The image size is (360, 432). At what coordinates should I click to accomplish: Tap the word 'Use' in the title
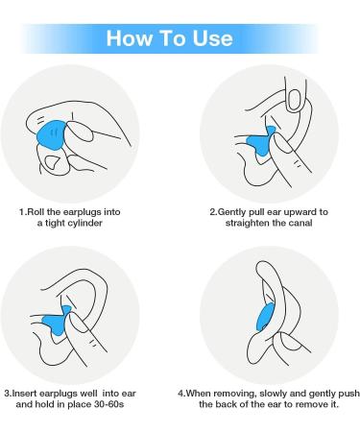click(214, 37)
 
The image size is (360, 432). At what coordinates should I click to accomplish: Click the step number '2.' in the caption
click(213, 210)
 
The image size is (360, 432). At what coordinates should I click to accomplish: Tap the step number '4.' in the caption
click(182, 393)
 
